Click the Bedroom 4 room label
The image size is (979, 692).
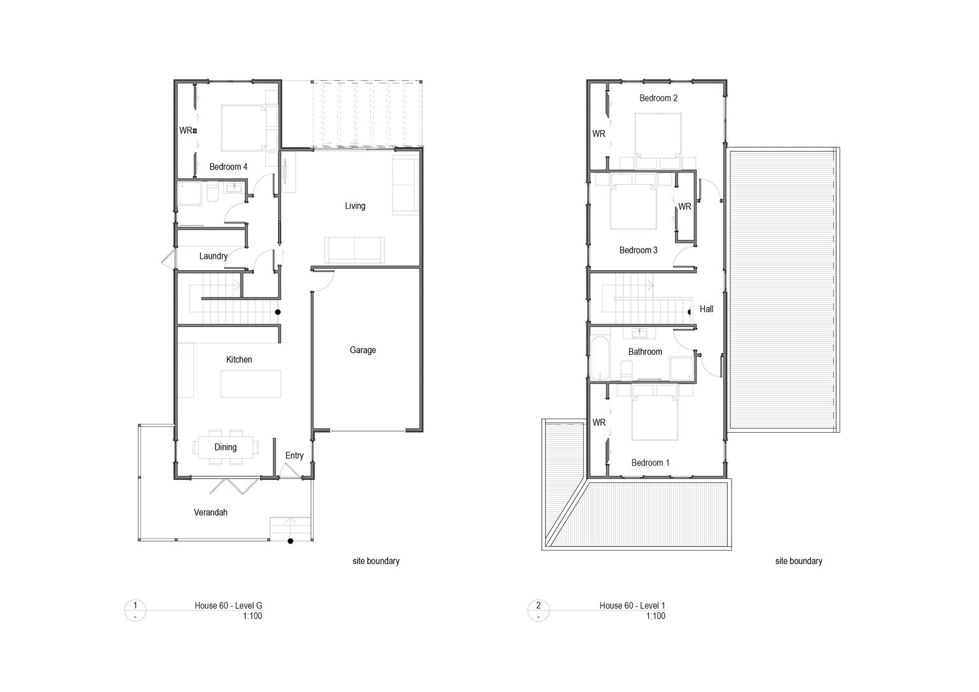tap(228, 166)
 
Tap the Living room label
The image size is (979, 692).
tap(355, 206)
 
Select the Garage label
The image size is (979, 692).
tap(363, 350)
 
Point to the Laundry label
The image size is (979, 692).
tap(214, 256)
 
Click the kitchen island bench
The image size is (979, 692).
tap(251, 384)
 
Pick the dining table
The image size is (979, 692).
tap(226, 447)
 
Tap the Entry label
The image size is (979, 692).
tap(294, 456)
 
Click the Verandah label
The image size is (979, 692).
tap(211, 512)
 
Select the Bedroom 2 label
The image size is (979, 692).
tap(658, 98)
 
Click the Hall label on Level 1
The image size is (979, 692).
tap(706, 309)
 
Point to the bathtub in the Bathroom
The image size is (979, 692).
tap(599, 358)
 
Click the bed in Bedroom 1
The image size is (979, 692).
tap(655, 417)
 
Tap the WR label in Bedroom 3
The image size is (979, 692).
tap(685, 206)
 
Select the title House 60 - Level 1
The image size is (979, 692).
tap(632, 605)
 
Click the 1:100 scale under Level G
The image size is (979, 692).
tap(252, 616)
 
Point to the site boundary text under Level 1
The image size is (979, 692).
tap(799, 561)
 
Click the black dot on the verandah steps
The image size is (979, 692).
tap(290, 541)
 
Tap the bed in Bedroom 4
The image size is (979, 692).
tap(249, 128)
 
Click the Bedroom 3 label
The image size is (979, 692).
tap(638, 250)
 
